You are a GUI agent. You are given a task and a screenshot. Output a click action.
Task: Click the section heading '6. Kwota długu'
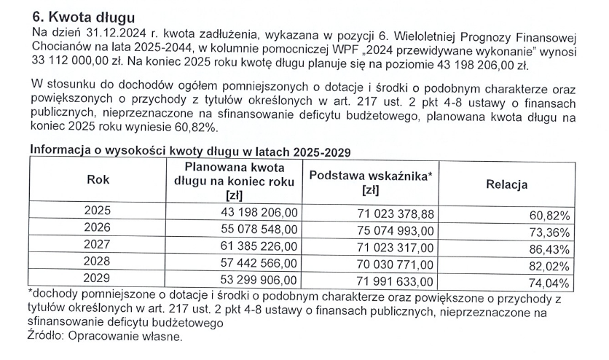point(85,16)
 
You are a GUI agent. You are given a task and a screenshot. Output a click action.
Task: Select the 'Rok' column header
point(98,181)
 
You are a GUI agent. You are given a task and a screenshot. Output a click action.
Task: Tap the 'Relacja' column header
point(506,184)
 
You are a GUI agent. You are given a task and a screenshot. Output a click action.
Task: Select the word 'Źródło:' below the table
point(47,337)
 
